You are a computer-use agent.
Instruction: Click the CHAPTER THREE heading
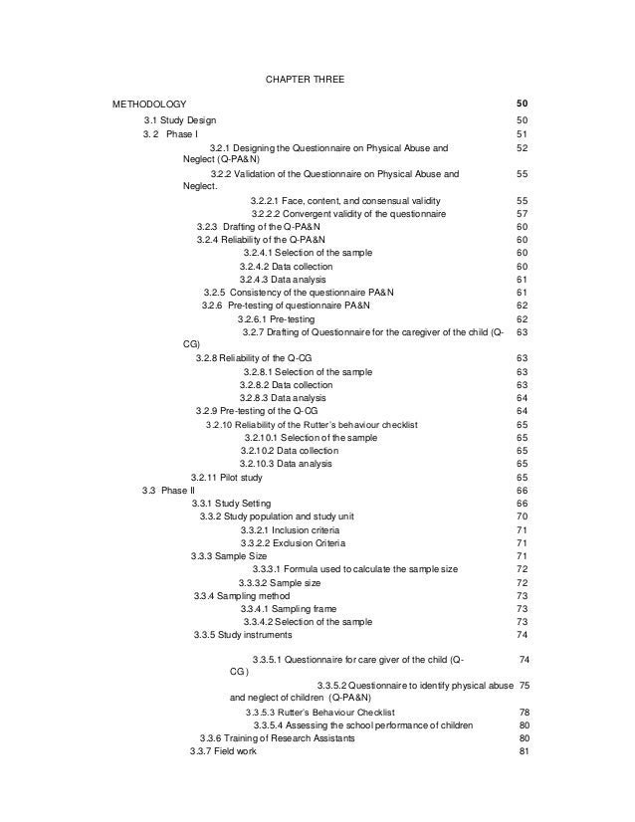coord(306,78)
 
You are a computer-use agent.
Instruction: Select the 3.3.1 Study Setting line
coord(235,504)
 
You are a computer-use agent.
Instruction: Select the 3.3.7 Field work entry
coord(223,750)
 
